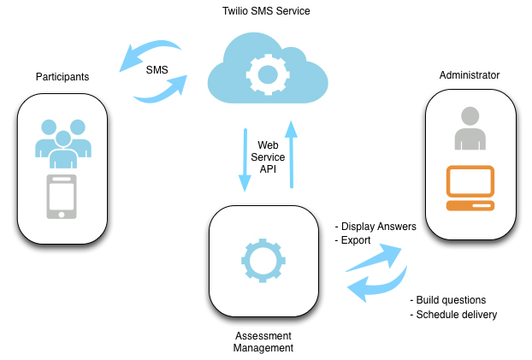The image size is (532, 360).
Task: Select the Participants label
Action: pos(62,77)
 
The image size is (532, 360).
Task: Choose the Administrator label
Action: pos(469,75)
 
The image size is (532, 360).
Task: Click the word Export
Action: pos(355,240)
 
